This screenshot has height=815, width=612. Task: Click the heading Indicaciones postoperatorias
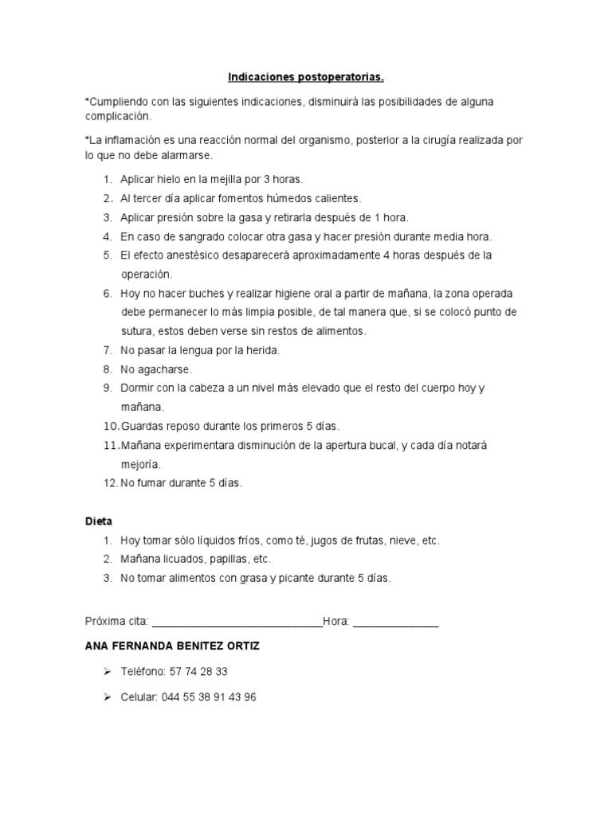(x=306, y=78)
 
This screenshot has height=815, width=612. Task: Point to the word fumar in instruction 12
(x=151, y=483)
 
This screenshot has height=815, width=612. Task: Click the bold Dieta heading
(x=99, y=521)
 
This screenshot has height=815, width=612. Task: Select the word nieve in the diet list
(x=400, y=540)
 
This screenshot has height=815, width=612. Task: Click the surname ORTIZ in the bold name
(x=241, y=647)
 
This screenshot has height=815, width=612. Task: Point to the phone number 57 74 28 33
(x=198, y=672)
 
